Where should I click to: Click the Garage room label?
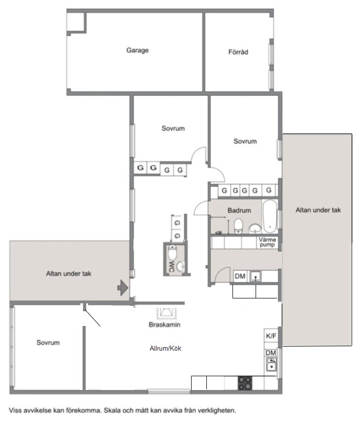point(137,50)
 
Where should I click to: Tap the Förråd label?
point(238,52)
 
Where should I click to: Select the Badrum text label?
point(239,210)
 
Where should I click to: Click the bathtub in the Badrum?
point(270,216)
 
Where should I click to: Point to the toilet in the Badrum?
point(238,226)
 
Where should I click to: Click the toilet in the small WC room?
point(172,252)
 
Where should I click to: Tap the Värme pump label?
point(267,242)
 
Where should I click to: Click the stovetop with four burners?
point(245,383)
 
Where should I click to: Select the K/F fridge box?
point(271,336)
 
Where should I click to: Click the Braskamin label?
point(164,325)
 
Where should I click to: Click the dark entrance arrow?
point(123,288)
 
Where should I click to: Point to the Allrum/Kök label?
point(165,348)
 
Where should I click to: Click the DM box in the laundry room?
point(240,276)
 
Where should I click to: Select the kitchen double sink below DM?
point(271,364)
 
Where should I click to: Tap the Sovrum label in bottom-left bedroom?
point(48,343)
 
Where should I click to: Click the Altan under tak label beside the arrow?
point(68,274)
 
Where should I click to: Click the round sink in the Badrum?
point(255,228)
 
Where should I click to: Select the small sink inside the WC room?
point(181,267)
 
